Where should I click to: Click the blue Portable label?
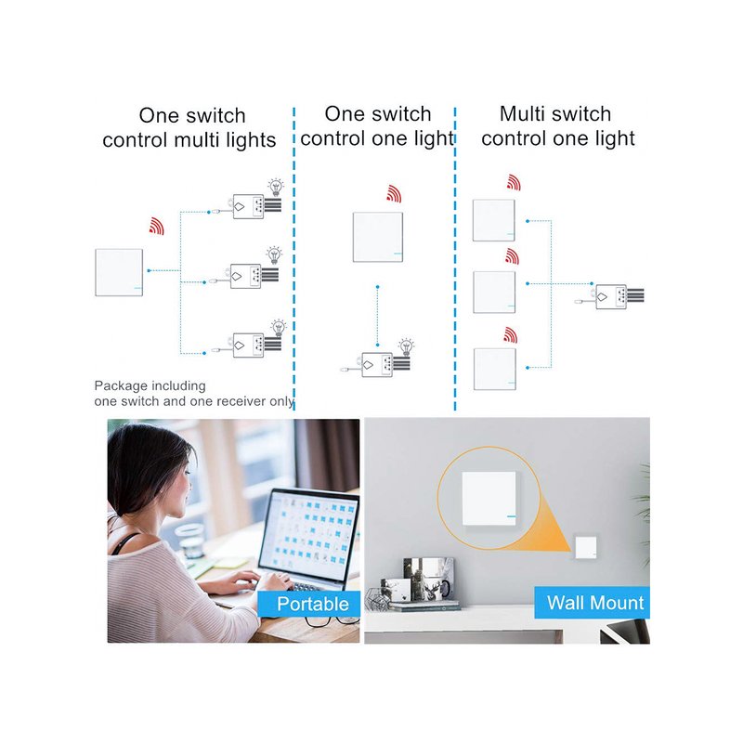click(309, 604)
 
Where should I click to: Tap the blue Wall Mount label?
click(593, 603)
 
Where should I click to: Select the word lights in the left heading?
click(251, 140)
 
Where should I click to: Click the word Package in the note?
click(121, 386)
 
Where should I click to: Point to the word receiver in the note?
click(239, 401)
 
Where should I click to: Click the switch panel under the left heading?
click(119, 272)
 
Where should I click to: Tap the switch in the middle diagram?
click(378, 237)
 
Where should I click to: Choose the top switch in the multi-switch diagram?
click(494, 220)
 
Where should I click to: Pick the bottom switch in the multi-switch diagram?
click(495, 369)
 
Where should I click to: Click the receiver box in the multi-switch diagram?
click(611, 297)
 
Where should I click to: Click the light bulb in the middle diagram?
click(406, 346)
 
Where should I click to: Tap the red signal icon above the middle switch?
click(394, 194)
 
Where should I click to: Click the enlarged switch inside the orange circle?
click(489, 499)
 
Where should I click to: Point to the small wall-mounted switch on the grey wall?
click(586, 546)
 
